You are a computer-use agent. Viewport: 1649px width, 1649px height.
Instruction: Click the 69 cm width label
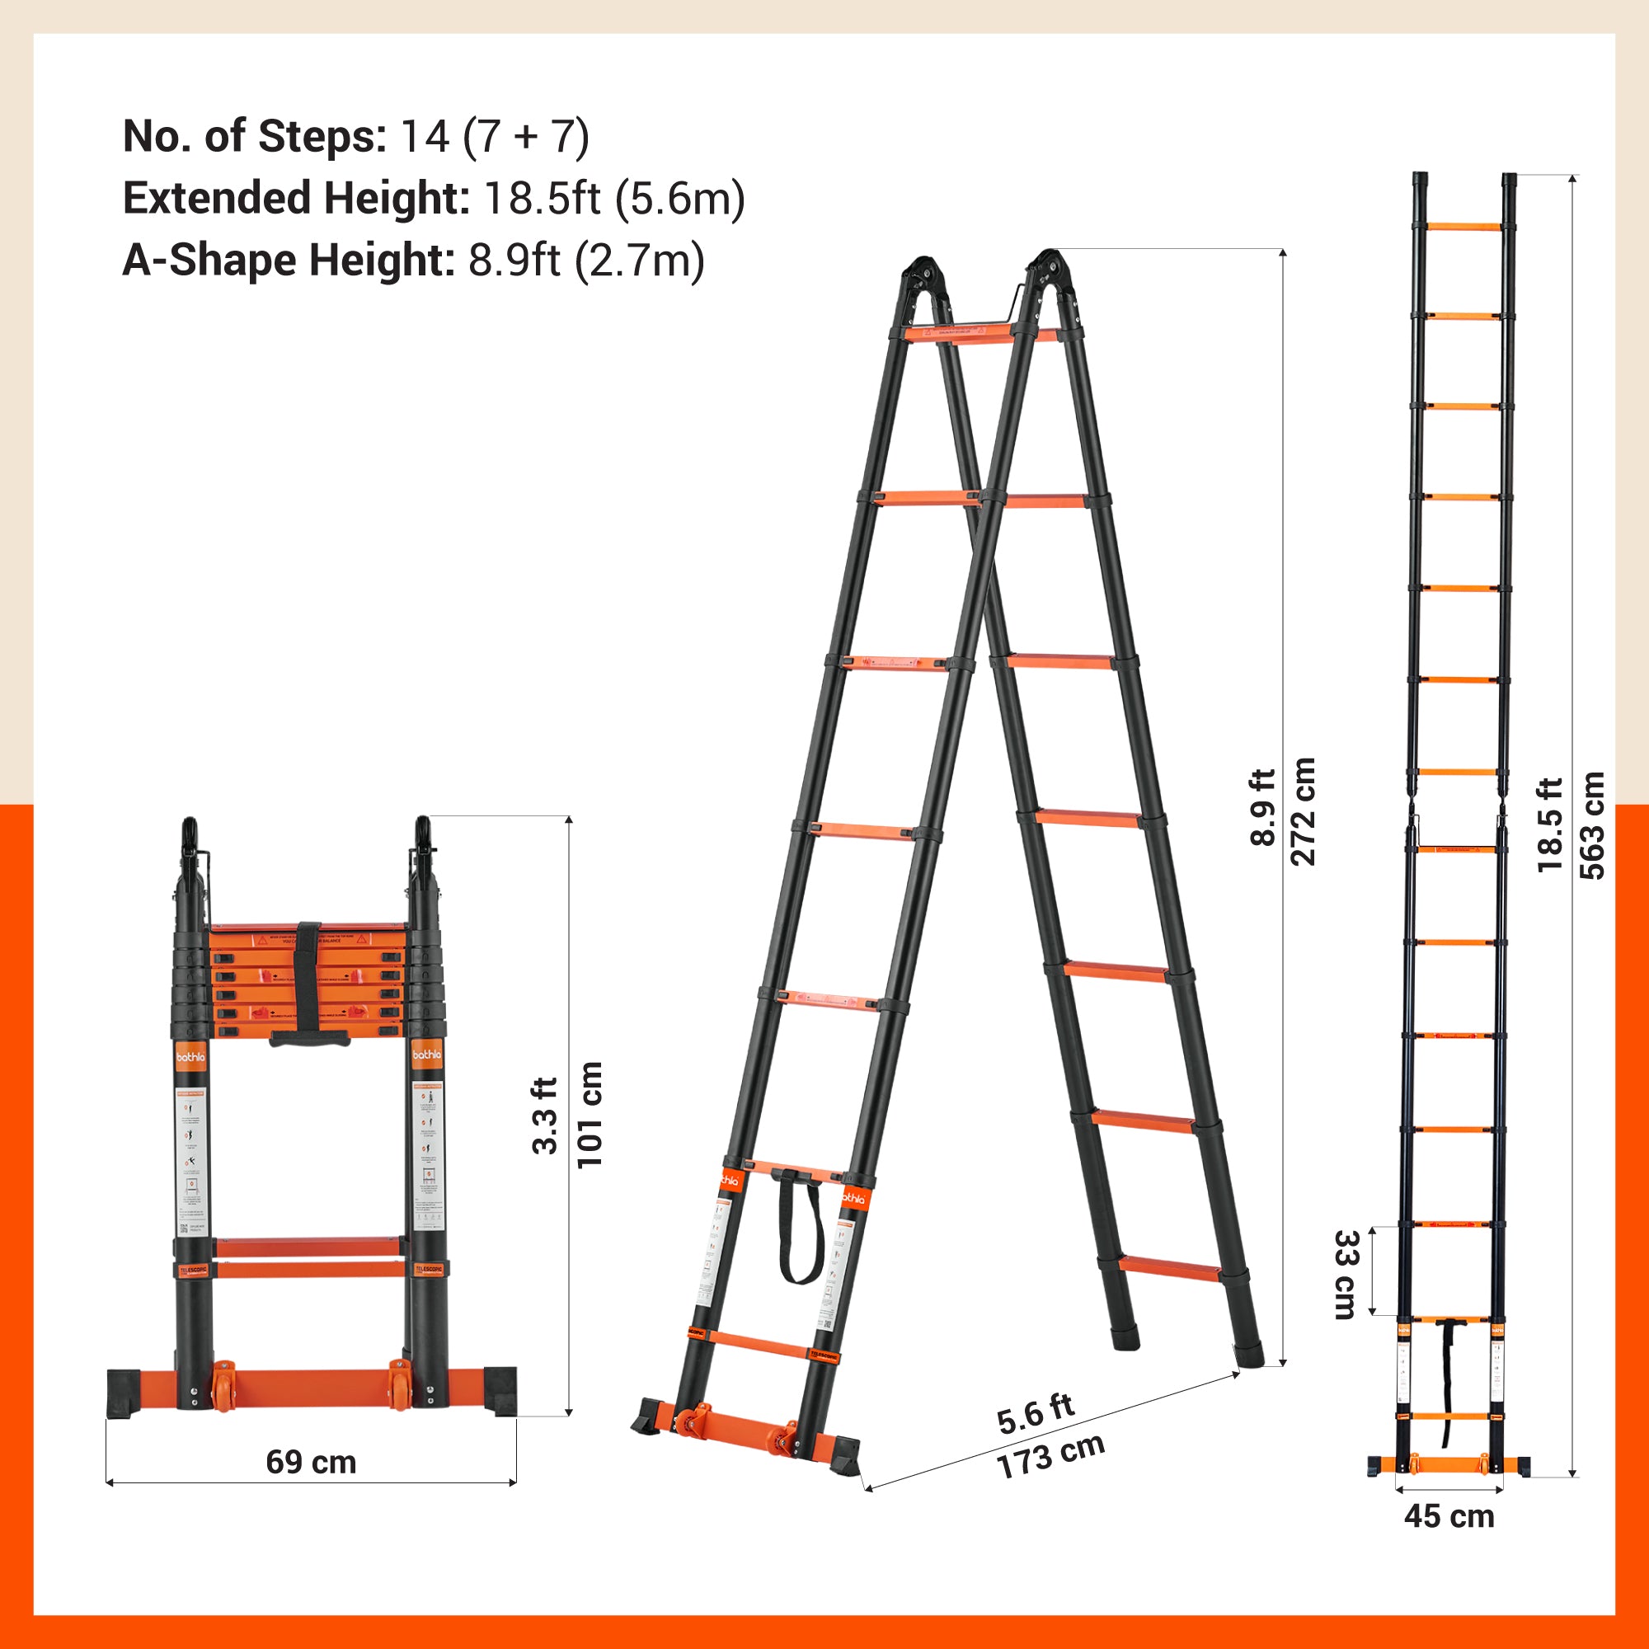311,1462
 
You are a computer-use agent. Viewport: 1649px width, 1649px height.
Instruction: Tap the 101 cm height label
590,1115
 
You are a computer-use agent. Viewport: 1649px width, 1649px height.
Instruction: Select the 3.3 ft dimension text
544,1116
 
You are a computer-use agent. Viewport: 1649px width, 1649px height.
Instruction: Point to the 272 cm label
1304,811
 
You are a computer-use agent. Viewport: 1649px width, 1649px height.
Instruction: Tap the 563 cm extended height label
1593,825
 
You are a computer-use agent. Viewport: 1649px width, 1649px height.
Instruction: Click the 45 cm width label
1449,1517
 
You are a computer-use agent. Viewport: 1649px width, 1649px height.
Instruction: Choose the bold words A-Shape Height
288,261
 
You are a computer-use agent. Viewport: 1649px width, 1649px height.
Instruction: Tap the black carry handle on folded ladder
309,1038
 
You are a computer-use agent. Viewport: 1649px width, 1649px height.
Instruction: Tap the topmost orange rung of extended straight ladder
1463,227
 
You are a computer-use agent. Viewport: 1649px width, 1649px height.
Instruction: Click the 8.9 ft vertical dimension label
1261,807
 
